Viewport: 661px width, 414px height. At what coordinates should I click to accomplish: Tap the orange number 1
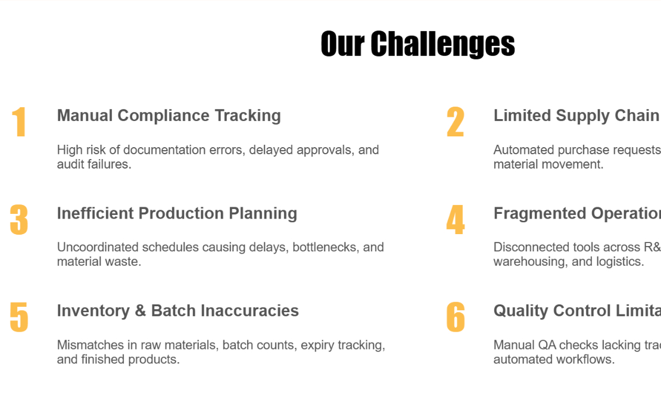[19, 123]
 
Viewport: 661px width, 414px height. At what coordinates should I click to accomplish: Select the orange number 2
[455, 123]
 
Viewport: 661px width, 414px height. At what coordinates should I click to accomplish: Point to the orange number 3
[19, 220]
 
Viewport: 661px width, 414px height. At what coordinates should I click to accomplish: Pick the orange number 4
[455, 220]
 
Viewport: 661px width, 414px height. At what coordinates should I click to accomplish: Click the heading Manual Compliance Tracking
[169, 116]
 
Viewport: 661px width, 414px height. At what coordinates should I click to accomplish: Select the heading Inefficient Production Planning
[177, 213]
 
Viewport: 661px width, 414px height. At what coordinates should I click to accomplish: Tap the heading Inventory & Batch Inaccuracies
[177, 310]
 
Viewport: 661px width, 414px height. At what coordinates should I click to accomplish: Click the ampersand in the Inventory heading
[141, 310]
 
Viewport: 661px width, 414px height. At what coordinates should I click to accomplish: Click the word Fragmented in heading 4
[540, 213]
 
